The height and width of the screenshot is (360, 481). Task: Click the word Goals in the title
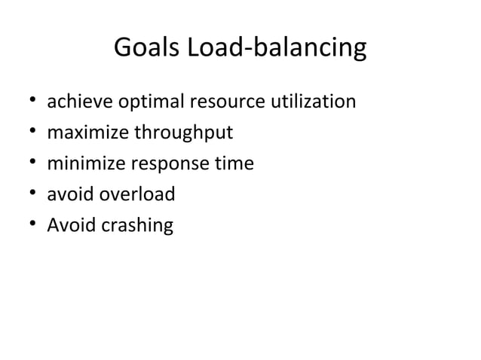[x=146, y=49]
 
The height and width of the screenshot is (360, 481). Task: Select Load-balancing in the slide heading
[x=276, y=50]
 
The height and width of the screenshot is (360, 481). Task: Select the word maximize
[x=88, y=133]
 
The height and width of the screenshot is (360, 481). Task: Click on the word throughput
[x=184, y=133]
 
